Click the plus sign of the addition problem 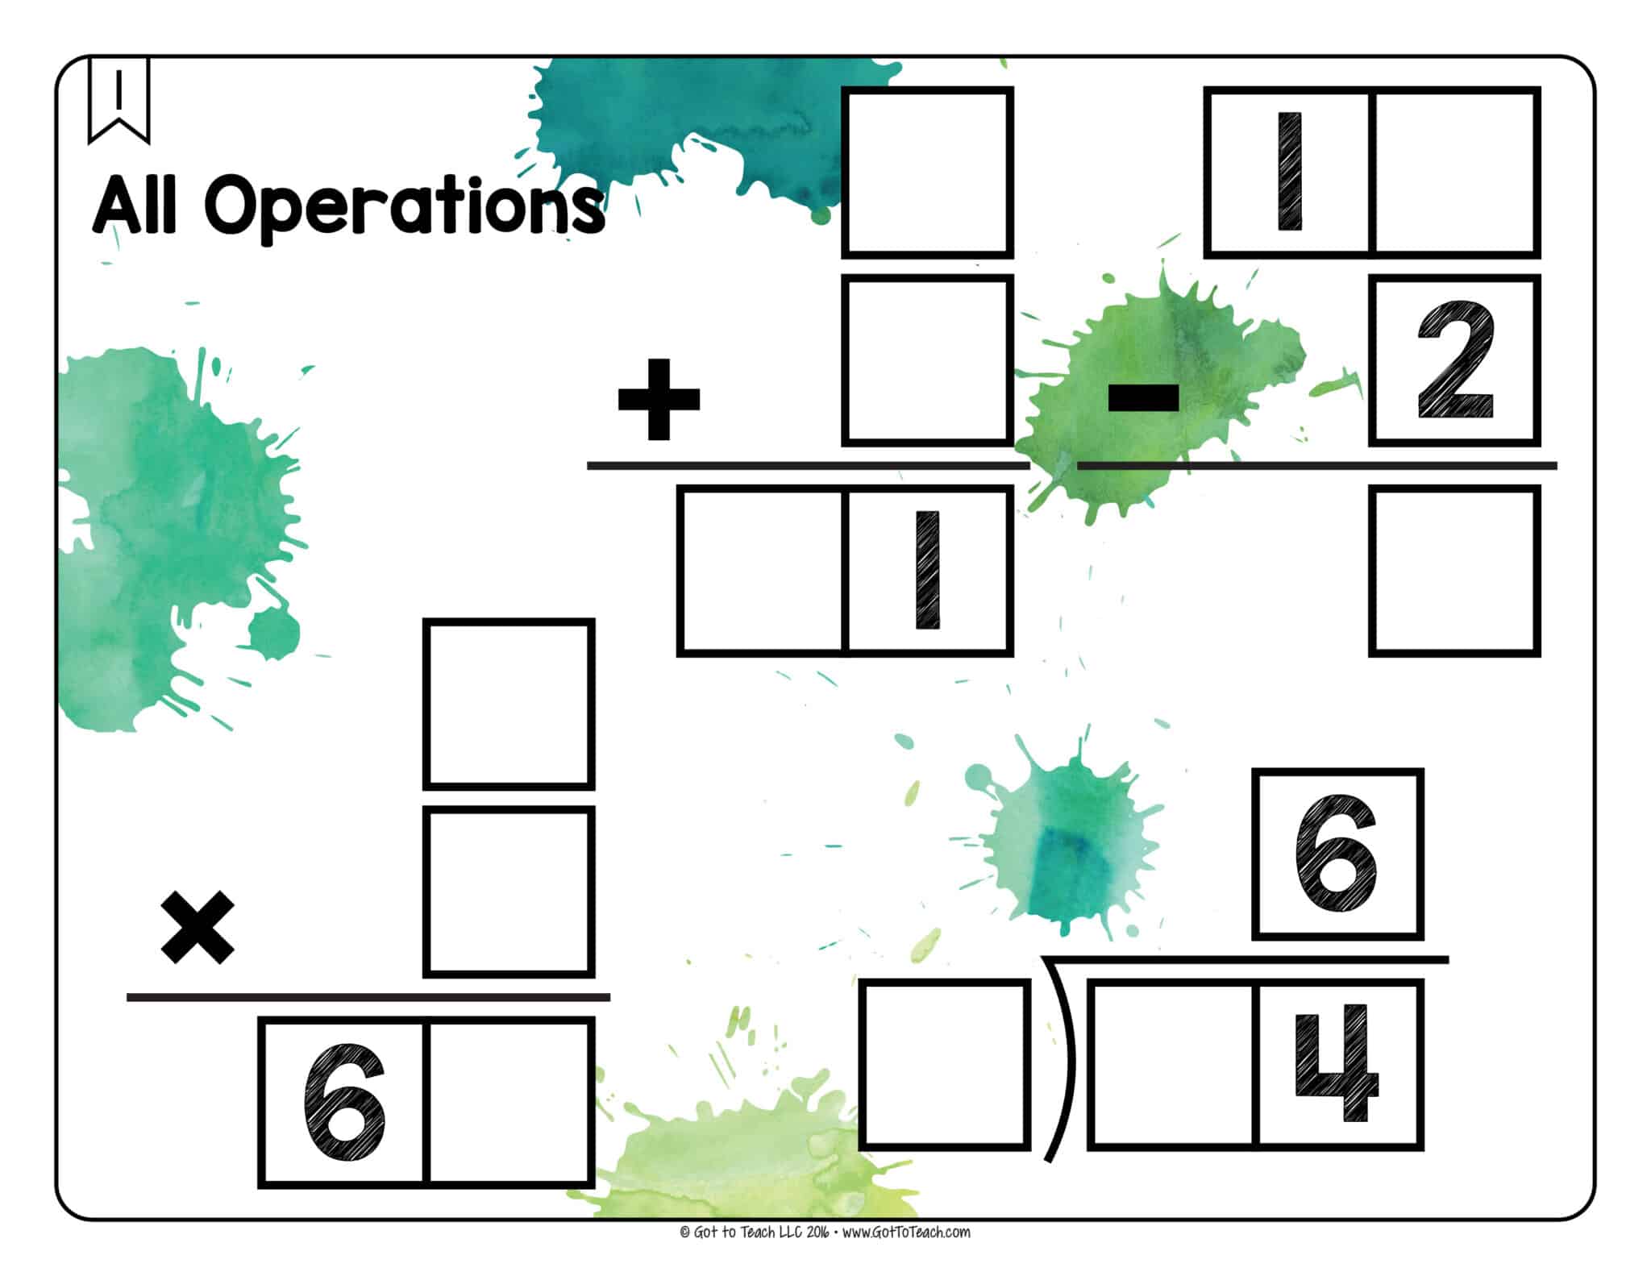(x=658, y=400)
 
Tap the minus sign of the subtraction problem (x=1143, y=398)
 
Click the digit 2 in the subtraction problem (x=1455, y=360)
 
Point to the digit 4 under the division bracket (x=1336, y=1064)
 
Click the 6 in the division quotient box (x=1336, y=854)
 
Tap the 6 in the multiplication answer (x=344, y=1102)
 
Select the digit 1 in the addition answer (x=928, y=570)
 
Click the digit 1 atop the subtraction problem (x=1290, y=172)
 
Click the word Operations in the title (x=403, y=205)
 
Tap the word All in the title (x=134, y=205)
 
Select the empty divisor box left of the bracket (x=944, y=1064)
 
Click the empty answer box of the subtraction (x=1454, y=570)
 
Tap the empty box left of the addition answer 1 (x=762, y=570)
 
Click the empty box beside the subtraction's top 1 (x=1456, y=172)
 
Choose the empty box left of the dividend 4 (x=1171, y=1064)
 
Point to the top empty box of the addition (x=927, y=172)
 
